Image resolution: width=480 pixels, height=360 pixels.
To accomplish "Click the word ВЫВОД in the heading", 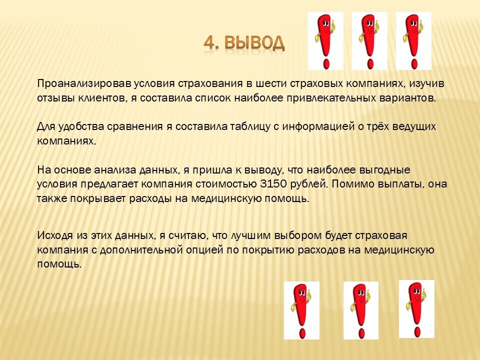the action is click(254, 43).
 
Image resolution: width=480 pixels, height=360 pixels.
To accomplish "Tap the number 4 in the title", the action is click(209, 43).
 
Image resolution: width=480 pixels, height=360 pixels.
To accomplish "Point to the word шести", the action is click(270, 84).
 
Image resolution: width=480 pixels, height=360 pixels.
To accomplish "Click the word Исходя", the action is click(55, 236).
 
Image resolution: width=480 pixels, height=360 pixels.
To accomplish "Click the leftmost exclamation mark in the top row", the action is click(325, 41).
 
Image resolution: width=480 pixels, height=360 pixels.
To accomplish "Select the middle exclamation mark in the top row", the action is click(369, 41).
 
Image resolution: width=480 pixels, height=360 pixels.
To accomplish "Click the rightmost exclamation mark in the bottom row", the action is click(416, 309).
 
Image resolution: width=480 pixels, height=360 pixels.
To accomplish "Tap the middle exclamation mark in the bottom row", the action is click(361, 310).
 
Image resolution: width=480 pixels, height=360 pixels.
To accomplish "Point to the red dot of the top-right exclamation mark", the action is click(414, 64).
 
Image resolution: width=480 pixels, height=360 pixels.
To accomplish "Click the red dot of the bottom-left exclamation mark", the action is click(302, 333).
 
